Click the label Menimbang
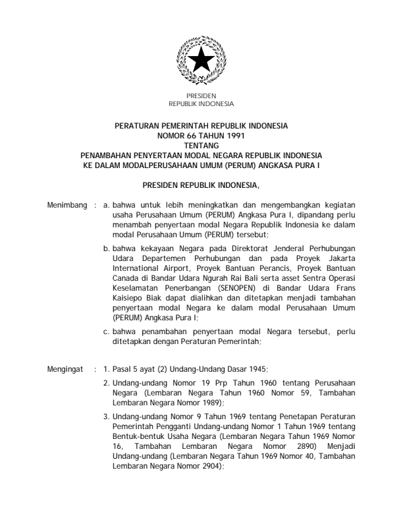click(67, 206)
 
